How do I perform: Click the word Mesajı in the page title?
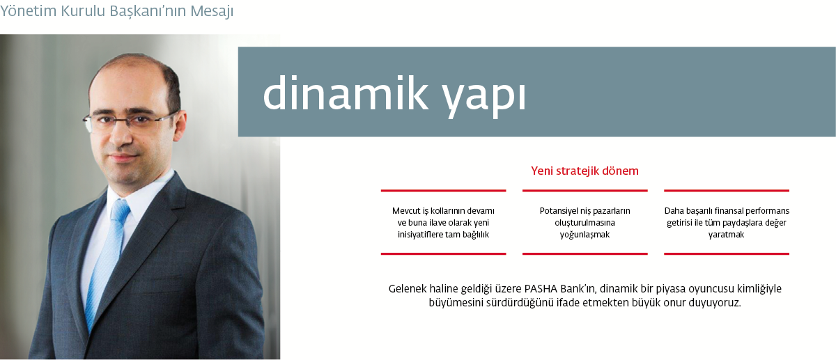click(212, 11)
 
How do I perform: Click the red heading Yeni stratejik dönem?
click(585, 171)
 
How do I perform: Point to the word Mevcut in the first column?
click(406, 211)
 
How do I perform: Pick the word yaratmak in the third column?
click(726, 235)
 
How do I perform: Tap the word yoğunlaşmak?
click(585, 235)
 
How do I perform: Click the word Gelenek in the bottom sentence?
click(407, 289)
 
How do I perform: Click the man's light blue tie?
click(106, 261)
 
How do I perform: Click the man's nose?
click(122, 137)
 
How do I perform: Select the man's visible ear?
click(180, 126)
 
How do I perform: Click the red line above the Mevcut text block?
click(443, 191)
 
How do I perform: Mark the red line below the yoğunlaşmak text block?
click(585, 253)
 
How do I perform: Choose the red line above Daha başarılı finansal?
click(726, 191)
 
